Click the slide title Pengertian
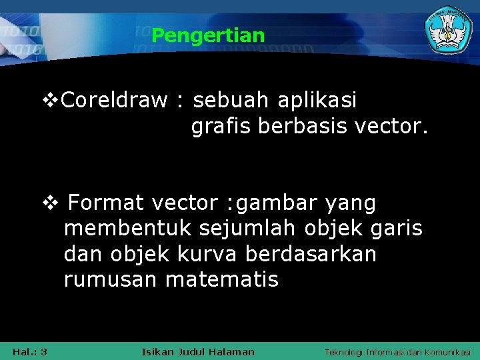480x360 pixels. [x=208, y=35]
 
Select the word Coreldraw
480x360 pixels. [x=114, y=101]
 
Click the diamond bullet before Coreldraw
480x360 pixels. [x=49, y=101]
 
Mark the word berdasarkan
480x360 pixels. [x=311, y=254]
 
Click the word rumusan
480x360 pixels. [x=111, y=279]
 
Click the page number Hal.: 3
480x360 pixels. [x=29, y=351]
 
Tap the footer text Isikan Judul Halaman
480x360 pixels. [x=198, y=351]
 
